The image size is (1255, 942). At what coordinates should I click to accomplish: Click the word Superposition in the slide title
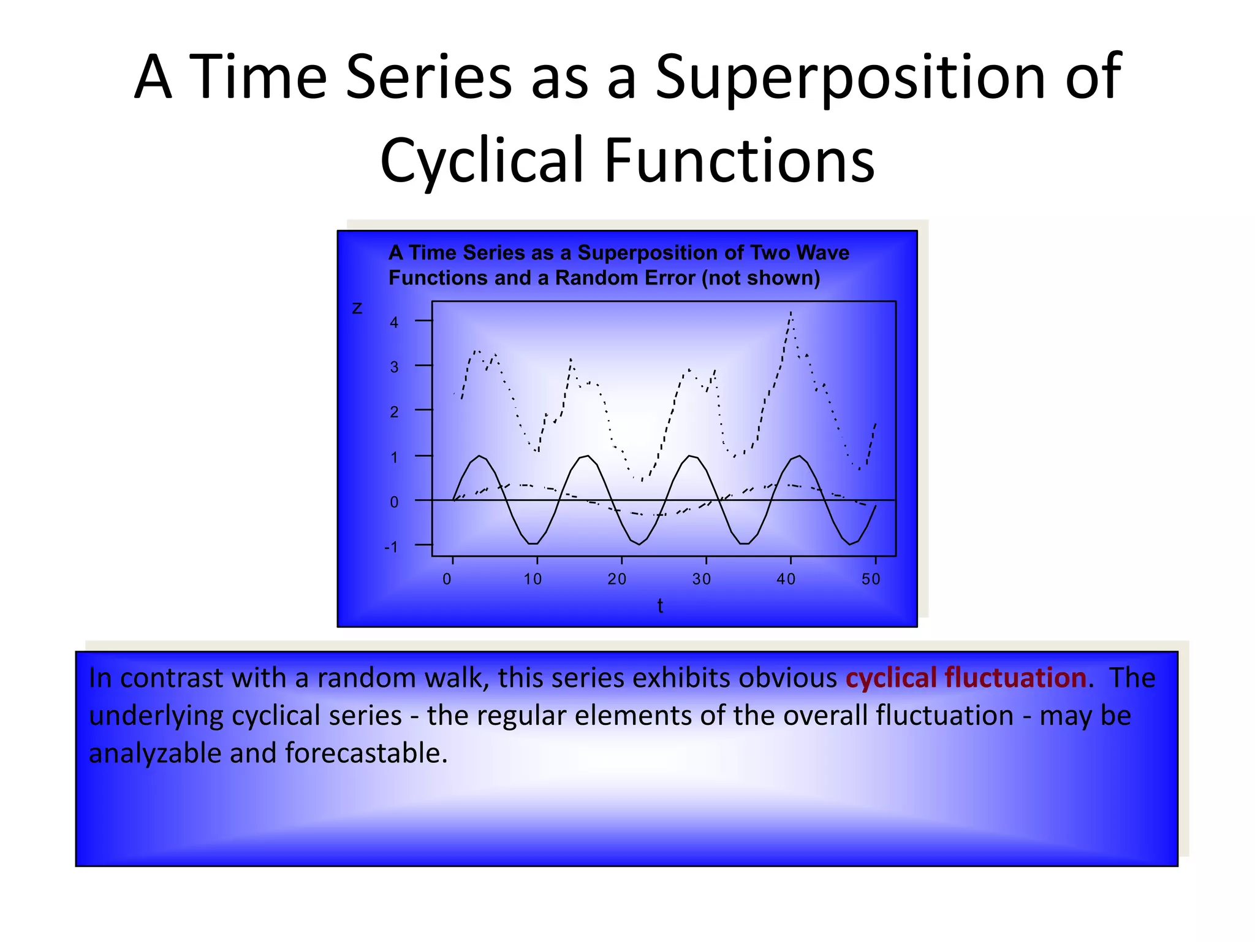[x=849, y=78]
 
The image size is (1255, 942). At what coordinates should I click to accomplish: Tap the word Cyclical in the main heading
[x=480, y=161]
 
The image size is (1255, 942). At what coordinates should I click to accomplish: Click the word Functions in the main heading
[x=740, y=161]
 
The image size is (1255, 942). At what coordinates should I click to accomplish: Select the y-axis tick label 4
[x=394, y=323]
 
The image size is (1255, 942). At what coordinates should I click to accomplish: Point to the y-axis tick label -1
[x=391, y=547]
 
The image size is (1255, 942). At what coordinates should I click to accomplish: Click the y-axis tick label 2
[x=394, y=412]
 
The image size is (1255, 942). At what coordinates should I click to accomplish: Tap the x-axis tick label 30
[x=702, y=579]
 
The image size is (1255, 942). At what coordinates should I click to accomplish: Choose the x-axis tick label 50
[x=871, y=579]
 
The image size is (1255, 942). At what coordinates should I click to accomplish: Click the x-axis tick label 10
[x=533, y=579]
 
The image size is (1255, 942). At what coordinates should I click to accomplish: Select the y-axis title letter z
[x=357, y=308]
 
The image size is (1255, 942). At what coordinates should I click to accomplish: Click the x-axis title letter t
[x=660, y=606]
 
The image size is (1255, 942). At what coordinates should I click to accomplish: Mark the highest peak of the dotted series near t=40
[x=791, y=313]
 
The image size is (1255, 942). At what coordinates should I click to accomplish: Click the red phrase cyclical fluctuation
[x=966, y=678]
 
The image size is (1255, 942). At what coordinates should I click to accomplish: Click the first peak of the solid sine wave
[x=479, y=456]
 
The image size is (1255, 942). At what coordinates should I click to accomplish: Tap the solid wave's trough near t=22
[x=639, y=544]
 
